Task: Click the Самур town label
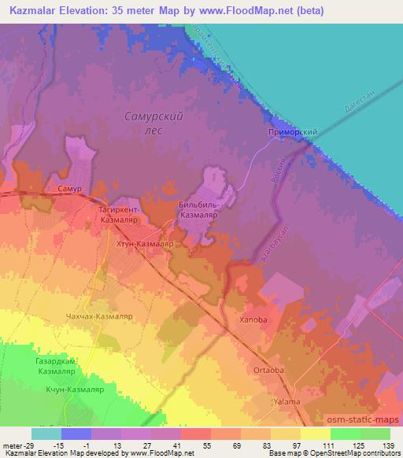(70, 190)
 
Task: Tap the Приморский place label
(293, 134)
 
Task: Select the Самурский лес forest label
(154, 123)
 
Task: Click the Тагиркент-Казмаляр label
(120, 216)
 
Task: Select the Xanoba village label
(254, 321)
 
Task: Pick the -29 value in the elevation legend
(30, 445)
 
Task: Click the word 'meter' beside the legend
(12, 445)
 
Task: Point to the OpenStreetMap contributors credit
(355, 453)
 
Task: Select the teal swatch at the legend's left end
(46, 434)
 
